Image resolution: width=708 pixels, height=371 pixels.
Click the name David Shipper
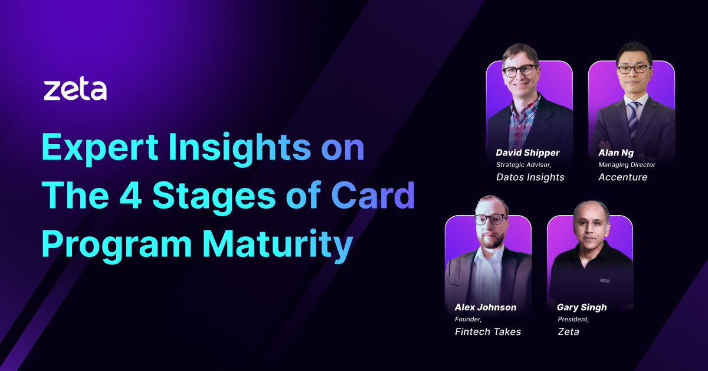coord(527,153)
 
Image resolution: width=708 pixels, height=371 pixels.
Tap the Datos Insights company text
coord(530,177)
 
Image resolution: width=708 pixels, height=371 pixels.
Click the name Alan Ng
coord(616,153)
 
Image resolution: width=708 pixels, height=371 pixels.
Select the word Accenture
coord(622,177)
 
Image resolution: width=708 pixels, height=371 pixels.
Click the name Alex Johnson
coord(486,307)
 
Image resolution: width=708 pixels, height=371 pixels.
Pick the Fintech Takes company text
coord(488,332)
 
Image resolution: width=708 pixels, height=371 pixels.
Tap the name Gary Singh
coord(582,307)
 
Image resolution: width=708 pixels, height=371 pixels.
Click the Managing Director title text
coord(627,165)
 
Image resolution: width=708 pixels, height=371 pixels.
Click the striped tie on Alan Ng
coord(634,118)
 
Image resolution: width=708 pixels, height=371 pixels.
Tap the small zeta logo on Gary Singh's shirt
coord(604,281)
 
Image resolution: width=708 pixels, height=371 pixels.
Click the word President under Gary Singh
coord(573,320)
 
